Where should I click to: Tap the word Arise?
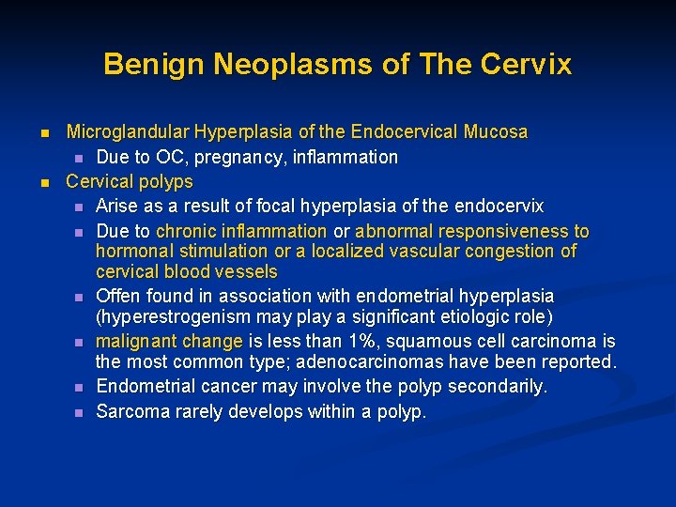click(117, 206)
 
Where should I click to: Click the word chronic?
click(185, 231)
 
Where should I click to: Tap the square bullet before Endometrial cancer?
click(79, 388)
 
